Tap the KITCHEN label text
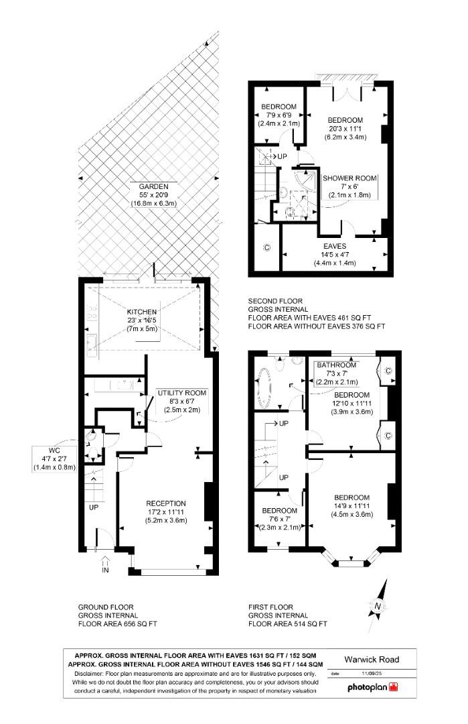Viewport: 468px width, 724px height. [x=141, y=312]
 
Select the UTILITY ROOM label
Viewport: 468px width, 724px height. [x=182, y=392]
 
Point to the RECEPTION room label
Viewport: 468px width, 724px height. [x=167, y=503]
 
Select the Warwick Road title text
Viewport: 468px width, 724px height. [x=372, y=660]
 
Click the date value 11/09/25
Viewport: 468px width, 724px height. [x=370, y=673]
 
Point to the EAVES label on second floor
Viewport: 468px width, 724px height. [x=335, y=246]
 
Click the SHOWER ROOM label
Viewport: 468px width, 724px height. [x=349, y=178]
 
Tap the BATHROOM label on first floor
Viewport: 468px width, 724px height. [x=338, y=365]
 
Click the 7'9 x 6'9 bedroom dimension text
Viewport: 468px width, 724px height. [x=279, y=115]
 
